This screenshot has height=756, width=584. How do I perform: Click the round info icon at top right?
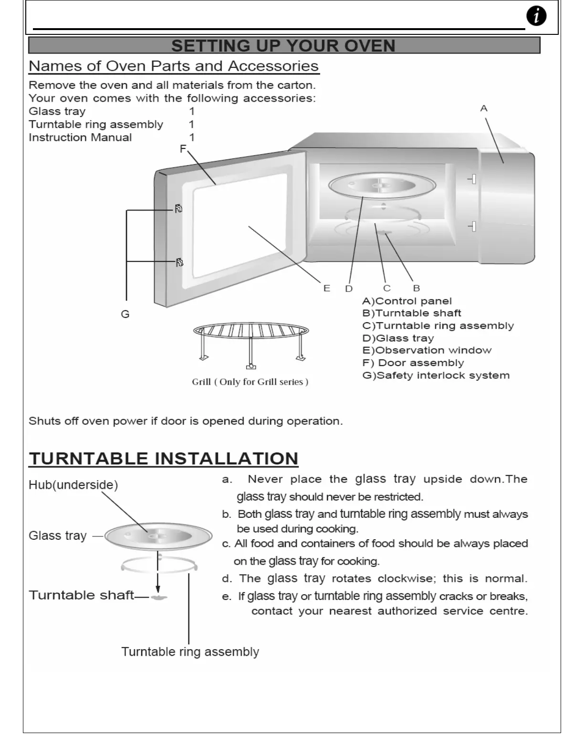coord(536,16)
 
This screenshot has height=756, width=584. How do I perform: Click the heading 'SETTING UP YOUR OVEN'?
coord(283,46)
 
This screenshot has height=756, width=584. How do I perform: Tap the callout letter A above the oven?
coord(484,108)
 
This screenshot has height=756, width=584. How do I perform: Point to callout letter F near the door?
coord(183,149)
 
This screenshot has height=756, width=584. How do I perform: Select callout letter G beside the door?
coord(125,314)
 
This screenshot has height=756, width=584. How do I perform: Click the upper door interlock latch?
coord(178,209)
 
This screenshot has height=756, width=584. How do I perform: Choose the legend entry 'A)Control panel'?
coord(407,301)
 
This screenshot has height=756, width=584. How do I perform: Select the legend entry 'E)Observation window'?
coord(427,350)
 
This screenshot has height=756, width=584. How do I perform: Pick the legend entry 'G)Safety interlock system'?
coord(436,375)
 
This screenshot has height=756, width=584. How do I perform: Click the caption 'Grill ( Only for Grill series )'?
coord(250,382)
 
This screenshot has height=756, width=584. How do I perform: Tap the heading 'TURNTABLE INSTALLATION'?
coord(164,459)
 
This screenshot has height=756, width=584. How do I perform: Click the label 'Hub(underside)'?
coord(73,485)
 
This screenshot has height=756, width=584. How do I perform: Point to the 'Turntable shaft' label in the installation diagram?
coord(81,595)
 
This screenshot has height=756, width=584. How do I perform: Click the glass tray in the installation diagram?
coord(158,536)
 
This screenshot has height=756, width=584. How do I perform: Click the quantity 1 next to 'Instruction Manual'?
coord(192,137)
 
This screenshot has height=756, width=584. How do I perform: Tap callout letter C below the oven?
coord(386,288)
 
